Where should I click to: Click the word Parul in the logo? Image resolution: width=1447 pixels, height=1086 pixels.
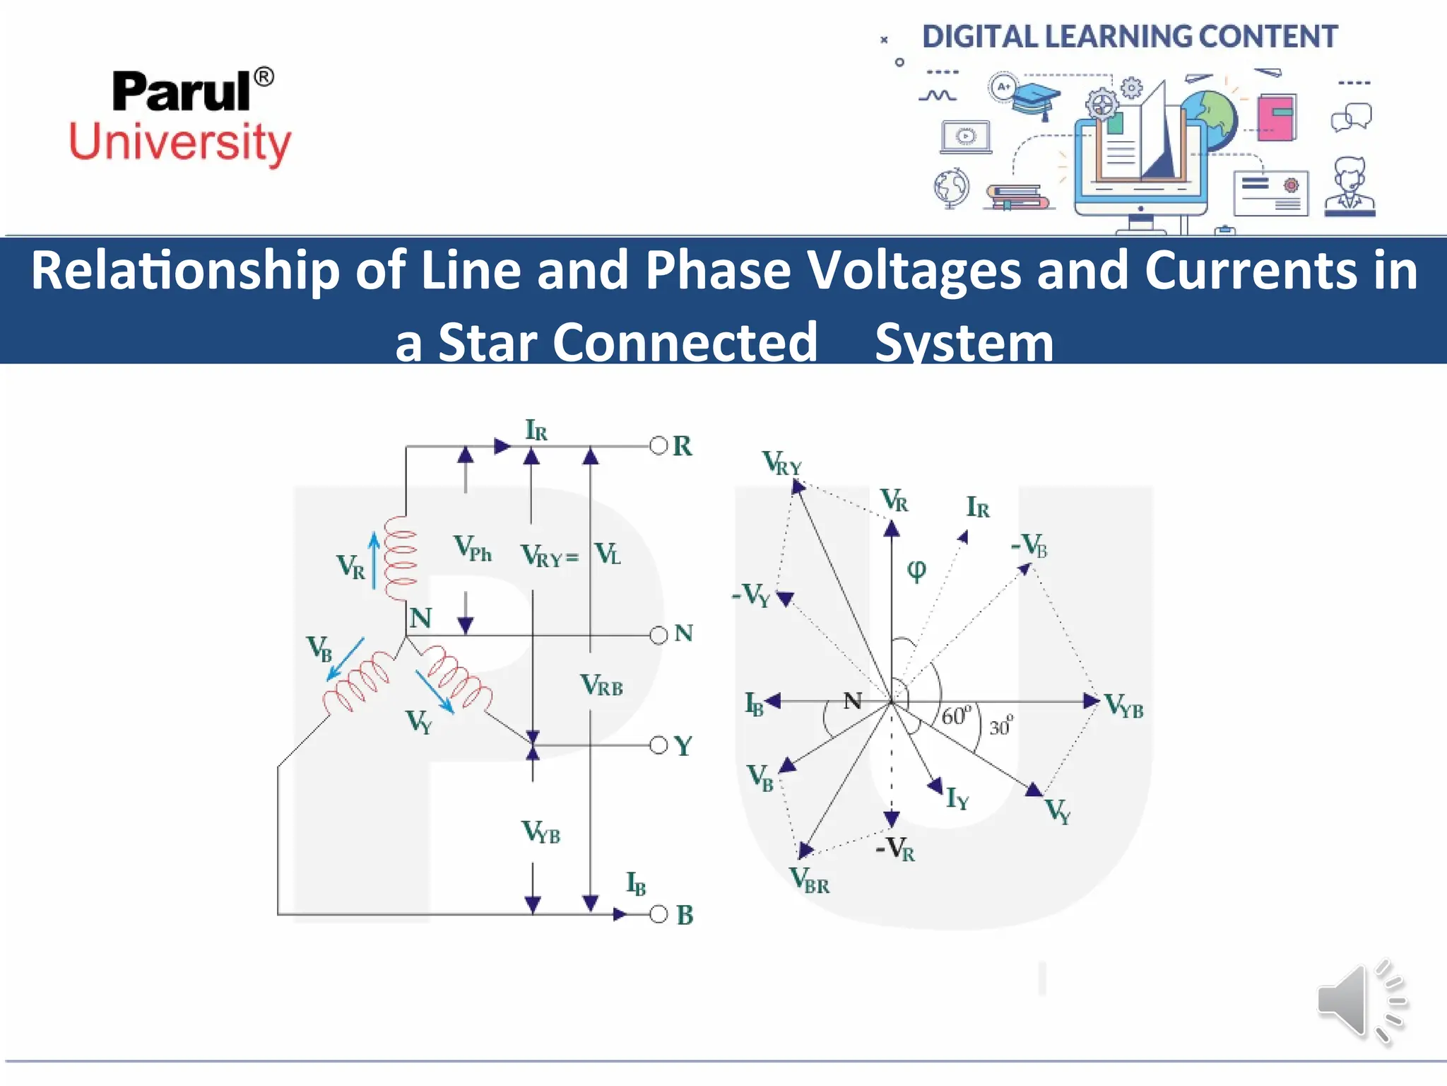pos(182,92)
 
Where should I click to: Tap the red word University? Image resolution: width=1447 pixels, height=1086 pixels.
pos(180,143)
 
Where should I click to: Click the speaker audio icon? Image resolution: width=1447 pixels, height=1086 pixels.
pos(1361,1001)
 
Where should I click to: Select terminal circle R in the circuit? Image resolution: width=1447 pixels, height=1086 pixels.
pos(658,445)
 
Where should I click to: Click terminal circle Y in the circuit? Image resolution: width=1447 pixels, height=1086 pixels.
pos(658,745)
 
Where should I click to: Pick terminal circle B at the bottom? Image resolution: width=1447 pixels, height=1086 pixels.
pos(658,914)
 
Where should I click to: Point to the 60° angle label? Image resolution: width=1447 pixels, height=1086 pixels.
pos(957,715)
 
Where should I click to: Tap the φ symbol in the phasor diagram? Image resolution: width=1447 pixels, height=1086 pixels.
pos(916,570)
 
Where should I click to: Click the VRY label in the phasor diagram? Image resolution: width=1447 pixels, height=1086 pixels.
pos(782,464)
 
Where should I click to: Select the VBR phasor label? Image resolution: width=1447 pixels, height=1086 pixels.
pos(810,881)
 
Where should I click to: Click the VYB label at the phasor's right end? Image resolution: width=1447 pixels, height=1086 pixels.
pos(1123,706)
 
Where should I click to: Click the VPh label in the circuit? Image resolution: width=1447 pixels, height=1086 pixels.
pos(472,548)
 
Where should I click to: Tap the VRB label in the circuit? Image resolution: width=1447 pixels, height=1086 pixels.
pos(601,685)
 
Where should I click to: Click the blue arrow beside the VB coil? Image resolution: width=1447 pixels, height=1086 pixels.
pos(345,659)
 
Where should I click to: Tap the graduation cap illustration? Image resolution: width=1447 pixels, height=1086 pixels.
pos(1035,100)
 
